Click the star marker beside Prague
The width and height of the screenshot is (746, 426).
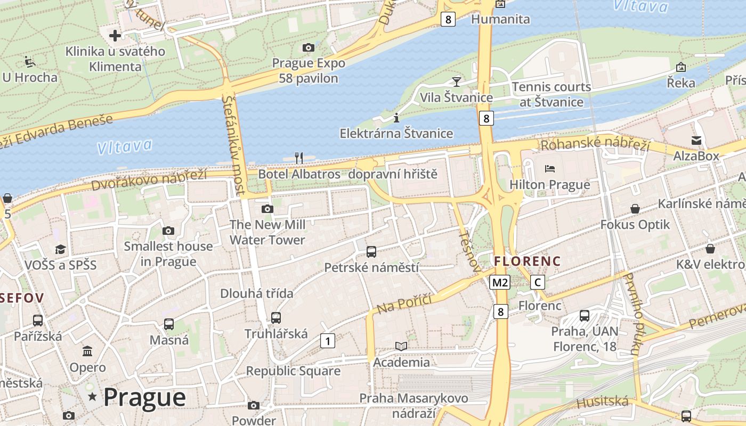pyautogui.click(x=93, y=396)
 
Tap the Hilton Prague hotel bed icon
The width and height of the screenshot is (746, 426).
pyautogui.click(x=550, y=169)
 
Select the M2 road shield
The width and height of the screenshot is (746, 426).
pyautogui.click(x=500, y=282)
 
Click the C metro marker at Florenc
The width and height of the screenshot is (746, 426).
pyautogui.click(x=538, y=282)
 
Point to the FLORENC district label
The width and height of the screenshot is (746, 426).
pyautogui.click(x=527, y=261)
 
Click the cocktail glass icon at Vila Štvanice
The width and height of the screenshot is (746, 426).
pyautogui.click(x=456, y=81)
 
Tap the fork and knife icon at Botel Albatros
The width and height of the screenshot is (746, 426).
pyautogui.click(x=299, y=158)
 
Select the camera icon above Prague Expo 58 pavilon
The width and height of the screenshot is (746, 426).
pyautogui.click(x=308, y=47)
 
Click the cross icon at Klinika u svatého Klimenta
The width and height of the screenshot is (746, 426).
pyautogui.click(x=115, y=36)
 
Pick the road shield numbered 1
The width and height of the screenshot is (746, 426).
pyautogui.click(x=327, y=341)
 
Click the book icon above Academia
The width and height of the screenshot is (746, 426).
pyautogui.click(x=401, y=346)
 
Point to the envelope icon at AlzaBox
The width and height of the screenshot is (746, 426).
pyautogui.click(x=696, y=140)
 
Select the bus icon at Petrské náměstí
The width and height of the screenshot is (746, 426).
pyautogui.click(x=371, y=251)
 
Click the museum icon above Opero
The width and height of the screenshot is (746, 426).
pyautogui.click(x=87, y=351)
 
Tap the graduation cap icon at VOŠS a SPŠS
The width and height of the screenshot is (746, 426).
pyautogui.click(x=60, y=249)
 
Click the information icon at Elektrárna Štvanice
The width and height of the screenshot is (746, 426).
pyautogui.click(x=396, y=118)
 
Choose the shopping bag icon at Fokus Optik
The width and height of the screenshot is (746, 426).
pyautogui.click(x=635, y=208)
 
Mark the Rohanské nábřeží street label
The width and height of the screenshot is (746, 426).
pyautogui.click(x=595, y=144)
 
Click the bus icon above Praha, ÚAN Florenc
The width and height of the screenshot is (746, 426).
pyautogui.click(x=585, y=315)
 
